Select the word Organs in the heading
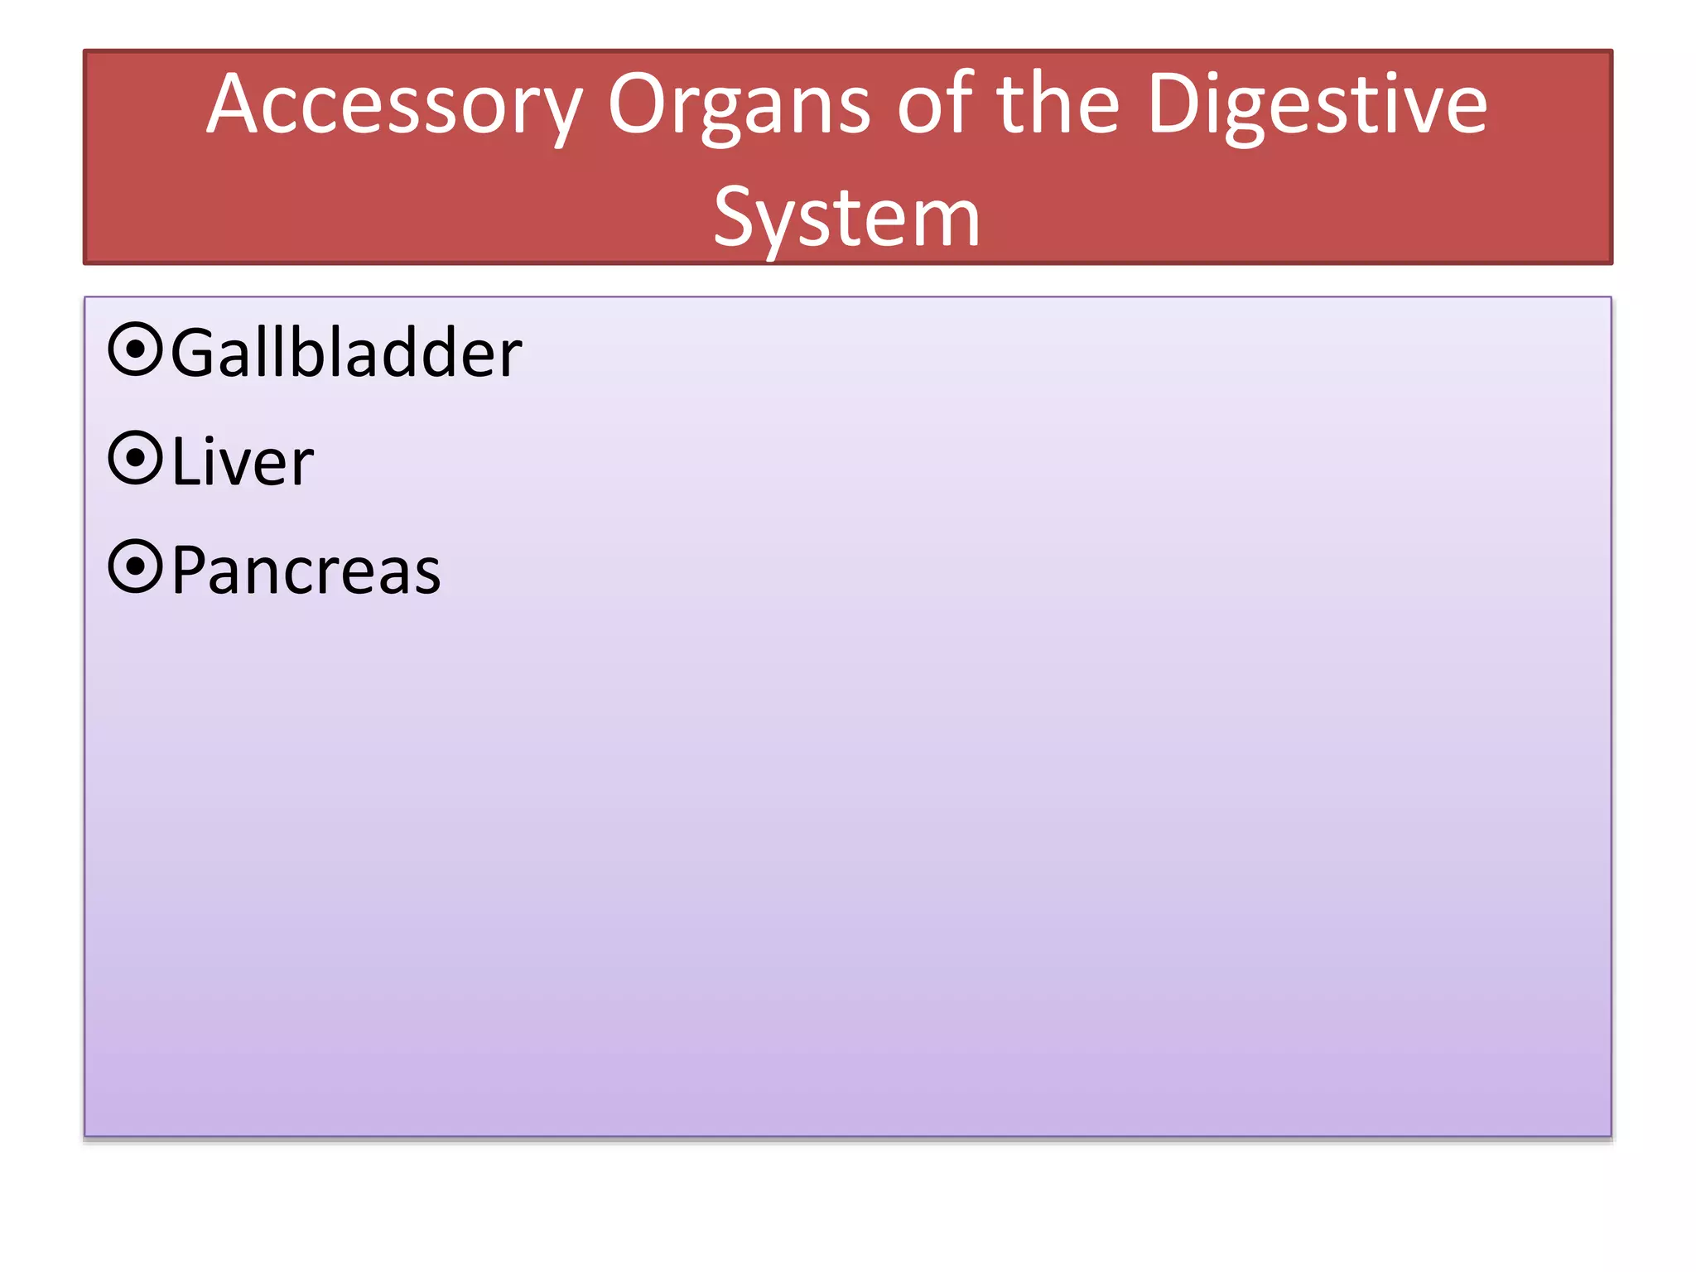739,106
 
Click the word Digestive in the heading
1318,106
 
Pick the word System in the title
846,217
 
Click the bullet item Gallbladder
346,353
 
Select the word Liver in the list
243,461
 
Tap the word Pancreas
306,571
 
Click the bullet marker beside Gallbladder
135,349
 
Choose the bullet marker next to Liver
135,458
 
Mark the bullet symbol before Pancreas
135,567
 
